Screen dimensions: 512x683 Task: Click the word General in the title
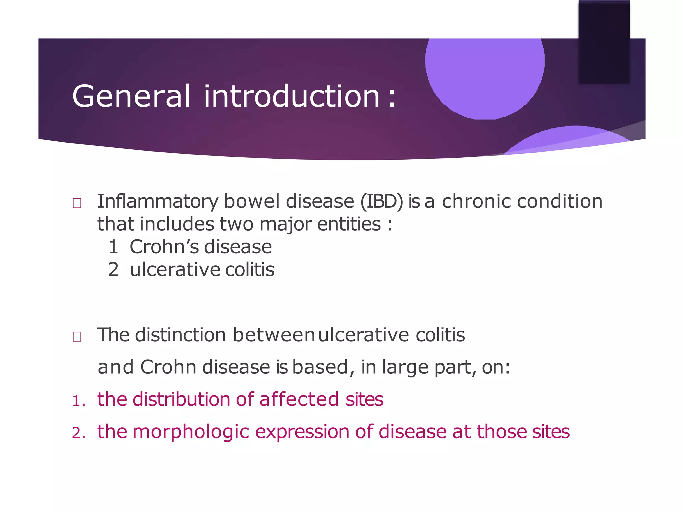tap(131, 96)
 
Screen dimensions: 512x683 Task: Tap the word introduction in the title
tap(291, 96)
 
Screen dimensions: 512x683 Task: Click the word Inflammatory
tap(158, 202)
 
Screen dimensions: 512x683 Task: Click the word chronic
tap(477, 201)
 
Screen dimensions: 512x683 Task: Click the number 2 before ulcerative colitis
tap(113, 270)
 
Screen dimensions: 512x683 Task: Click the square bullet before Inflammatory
tap(77, 203)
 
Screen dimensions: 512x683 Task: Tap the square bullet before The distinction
tap(77, 337)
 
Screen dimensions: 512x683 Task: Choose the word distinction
tap(180, 335)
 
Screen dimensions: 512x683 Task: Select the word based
tap(320, 367)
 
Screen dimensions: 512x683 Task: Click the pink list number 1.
tap(77, 401)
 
